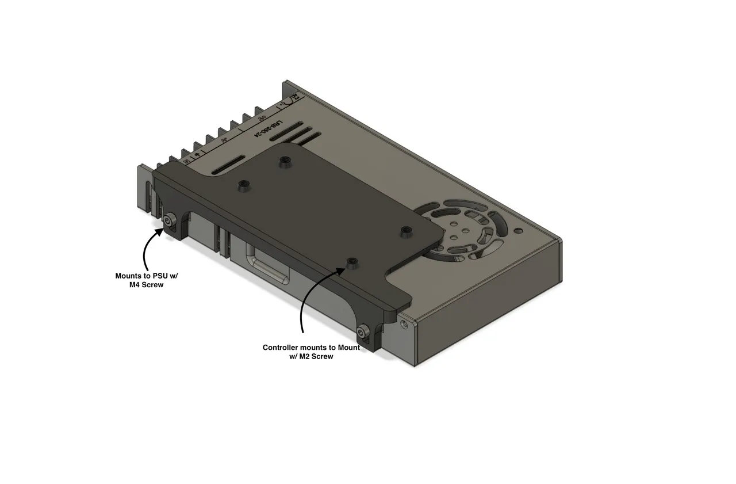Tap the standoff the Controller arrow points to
tap(352, 264)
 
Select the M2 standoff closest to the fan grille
tap(406, 231)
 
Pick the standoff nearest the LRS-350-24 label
tap(282, 163)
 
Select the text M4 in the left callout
tap(136, 284)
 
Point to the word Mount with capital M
tap(347, 348)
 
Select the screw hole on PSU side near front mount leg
tap(406, 324)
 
